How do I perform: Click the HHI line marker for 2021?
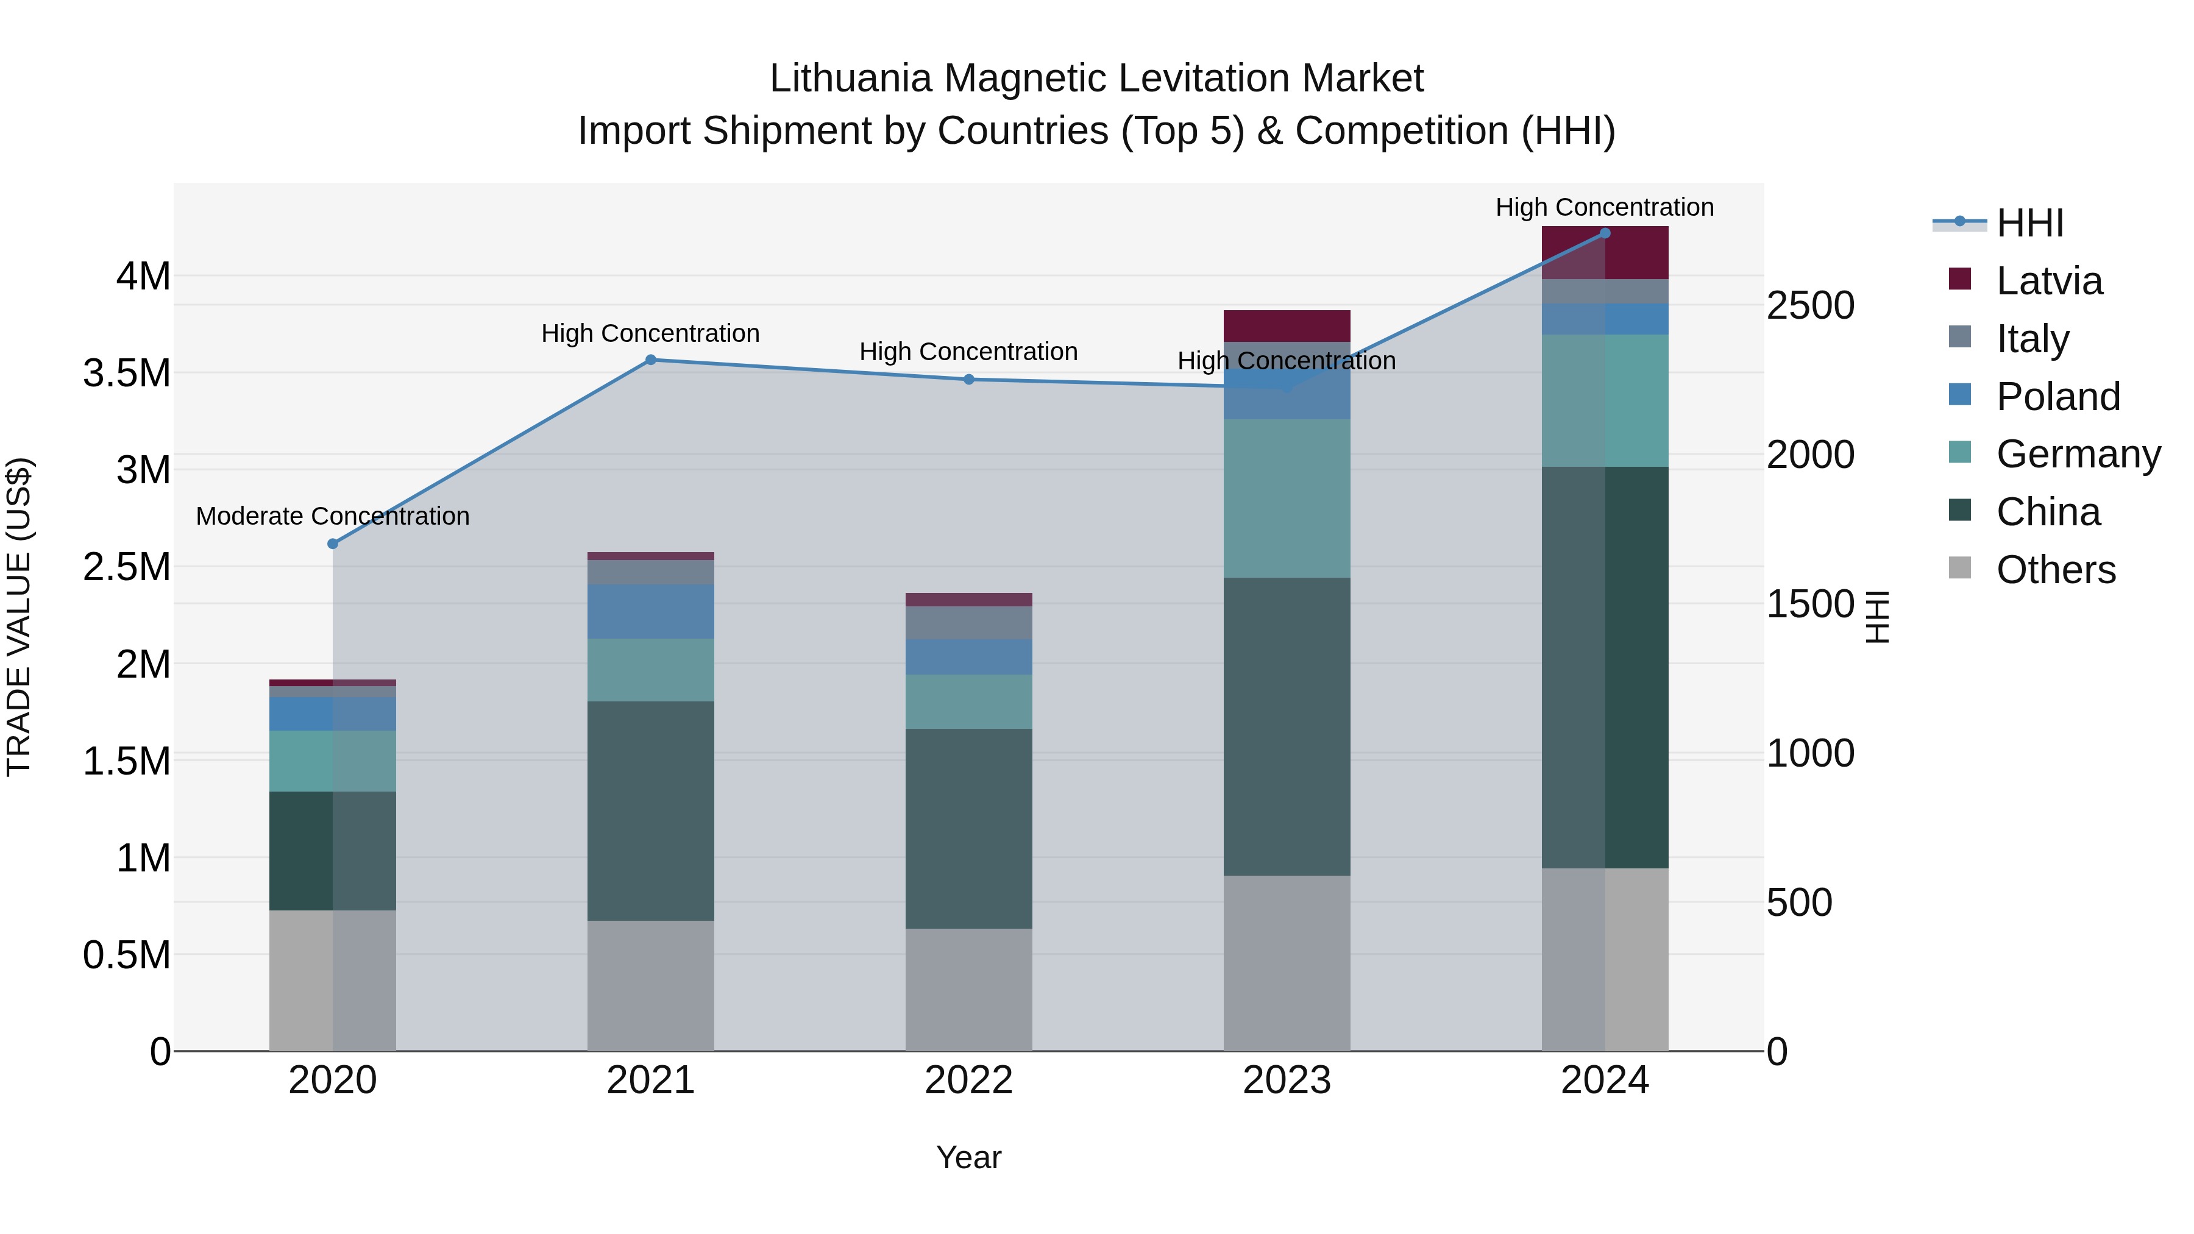pyautogui.click(x=651, y=360)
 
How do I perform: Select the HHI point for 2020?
pyautogui.click(x=333, y=544)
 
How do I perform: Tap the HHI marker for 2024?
pyautogui.click(x=1605, y=233)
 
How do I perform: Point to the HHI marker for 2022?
pyautogui.click(x=968, y=379)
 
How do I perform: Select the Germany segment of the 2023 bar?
pyautogui.click(x=1287, y=498)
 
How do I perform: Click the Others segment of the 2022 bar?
pyautogui.click(x=968, y=989)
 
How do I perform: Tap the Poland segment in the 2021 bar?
pyautogui.click(x=651, y=611)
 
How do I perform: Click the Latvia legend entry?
pyautogui.click(x=2048, y=281)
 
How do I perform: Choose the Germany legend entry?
pyautogui.click(x=2078, y=454)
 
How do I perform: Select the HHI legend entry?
pyautogui.click(x=2029, y=223)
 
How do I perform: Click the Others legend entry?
pyautogui.click(x=2055, y=570)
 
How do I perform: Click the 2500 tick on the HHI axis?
pyautogui.click(x=1810, y=306)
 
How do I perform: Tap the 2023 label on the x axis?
pyautogui.click(x=1287, y=1080)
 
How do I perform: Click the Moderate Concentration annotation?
pyautogui.click(x=333, y=516)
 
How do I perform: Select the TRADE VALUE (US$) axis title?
pyautogui.click(x=19, y=617)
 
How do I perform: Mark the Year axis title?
pyautogui.click(x=968, y=1157)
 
